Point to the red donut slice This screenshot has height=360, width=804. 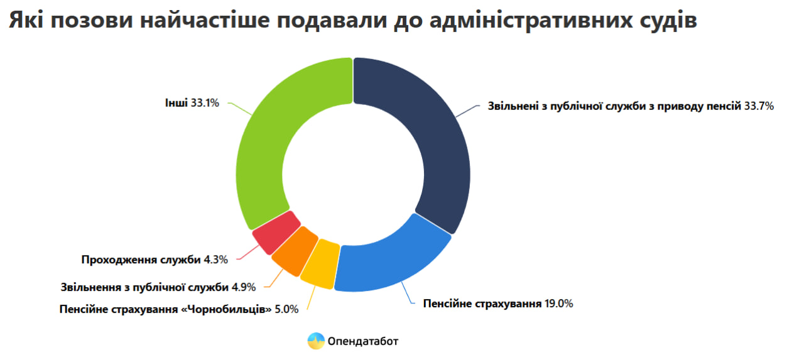point(276,232)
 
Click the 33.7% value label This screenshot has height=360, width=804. point(759,106)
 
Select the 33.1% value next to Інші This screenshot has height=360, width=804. point(205,103)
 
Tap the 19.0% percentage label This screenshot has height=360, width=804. point(558,303)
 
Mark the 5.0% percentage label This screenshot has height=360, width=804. point(286,309)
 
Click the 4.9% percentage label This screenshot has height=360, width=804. point(244,287)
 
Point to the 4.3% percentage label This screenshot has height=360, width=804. point(215,259)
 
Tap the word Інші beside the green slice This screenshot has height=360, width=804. point(177,103)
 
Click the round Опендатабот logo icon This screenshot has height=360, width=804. point(316,341)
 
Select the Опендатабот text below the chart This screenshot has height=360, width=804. point(363,341)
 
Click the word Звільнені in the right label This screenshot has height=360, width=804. point(513,106)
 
